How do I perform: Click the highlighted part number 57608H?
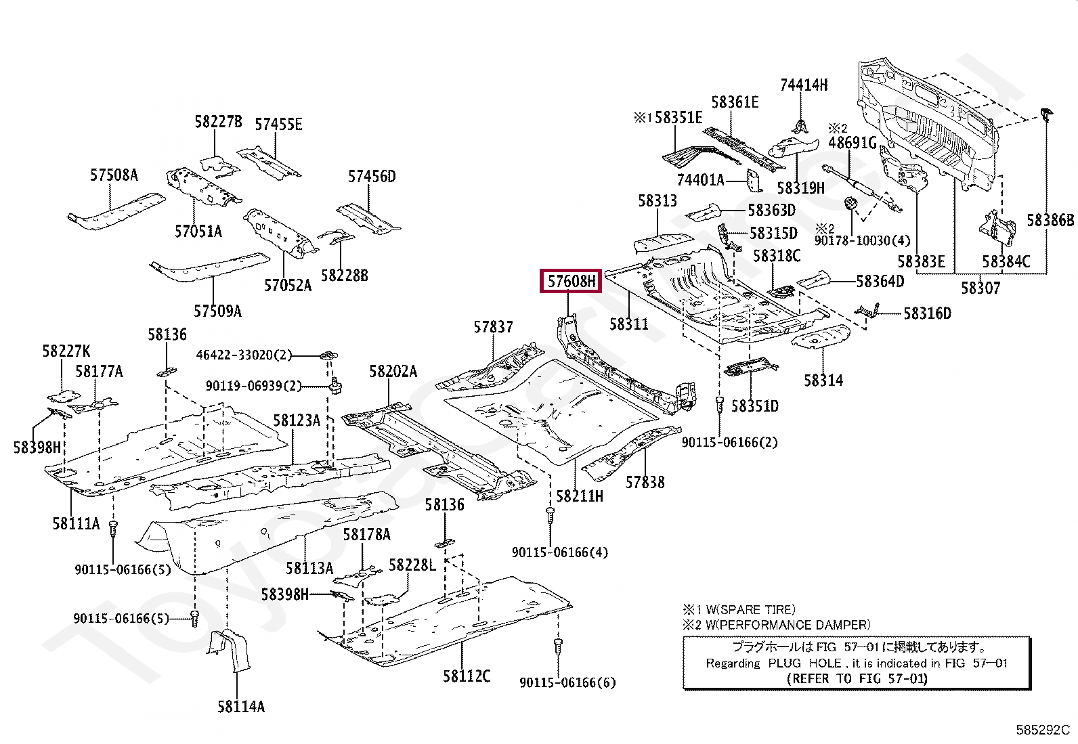click(571, 281)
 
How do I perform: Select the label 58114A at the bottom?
click(241, 707)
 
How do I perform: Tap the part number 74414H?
click(804, 85)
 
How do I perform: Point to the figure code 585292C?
click(1042, 730)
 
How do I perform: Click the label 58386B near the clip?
click(1050, 221)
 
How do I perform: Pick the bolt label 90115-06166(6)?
click(567, 682)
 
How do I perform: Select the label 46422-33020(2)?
click(244, 355)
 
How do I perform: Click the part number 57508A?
click(114, 175)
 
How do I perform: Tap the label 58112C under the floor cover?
click(467, 676)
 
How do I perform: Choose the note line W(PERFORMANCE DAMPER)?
click(788, 625)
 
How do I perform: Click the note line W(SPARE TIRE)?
click(750, 609)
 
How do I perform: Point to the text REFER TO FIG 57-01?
click(857, 678)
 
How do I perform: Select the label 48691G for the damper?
click(852, 143)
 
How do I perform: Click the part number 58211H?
click(580, 496)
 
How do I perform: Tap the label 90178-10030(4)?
click(862, 241)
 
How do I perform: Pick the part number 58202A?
click(393, 372)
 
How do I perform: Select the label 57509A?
click(217, 311)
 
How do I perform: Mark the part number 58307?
click(980, 288)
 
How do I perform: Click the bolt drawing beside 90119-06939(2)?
click(335, 387)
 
